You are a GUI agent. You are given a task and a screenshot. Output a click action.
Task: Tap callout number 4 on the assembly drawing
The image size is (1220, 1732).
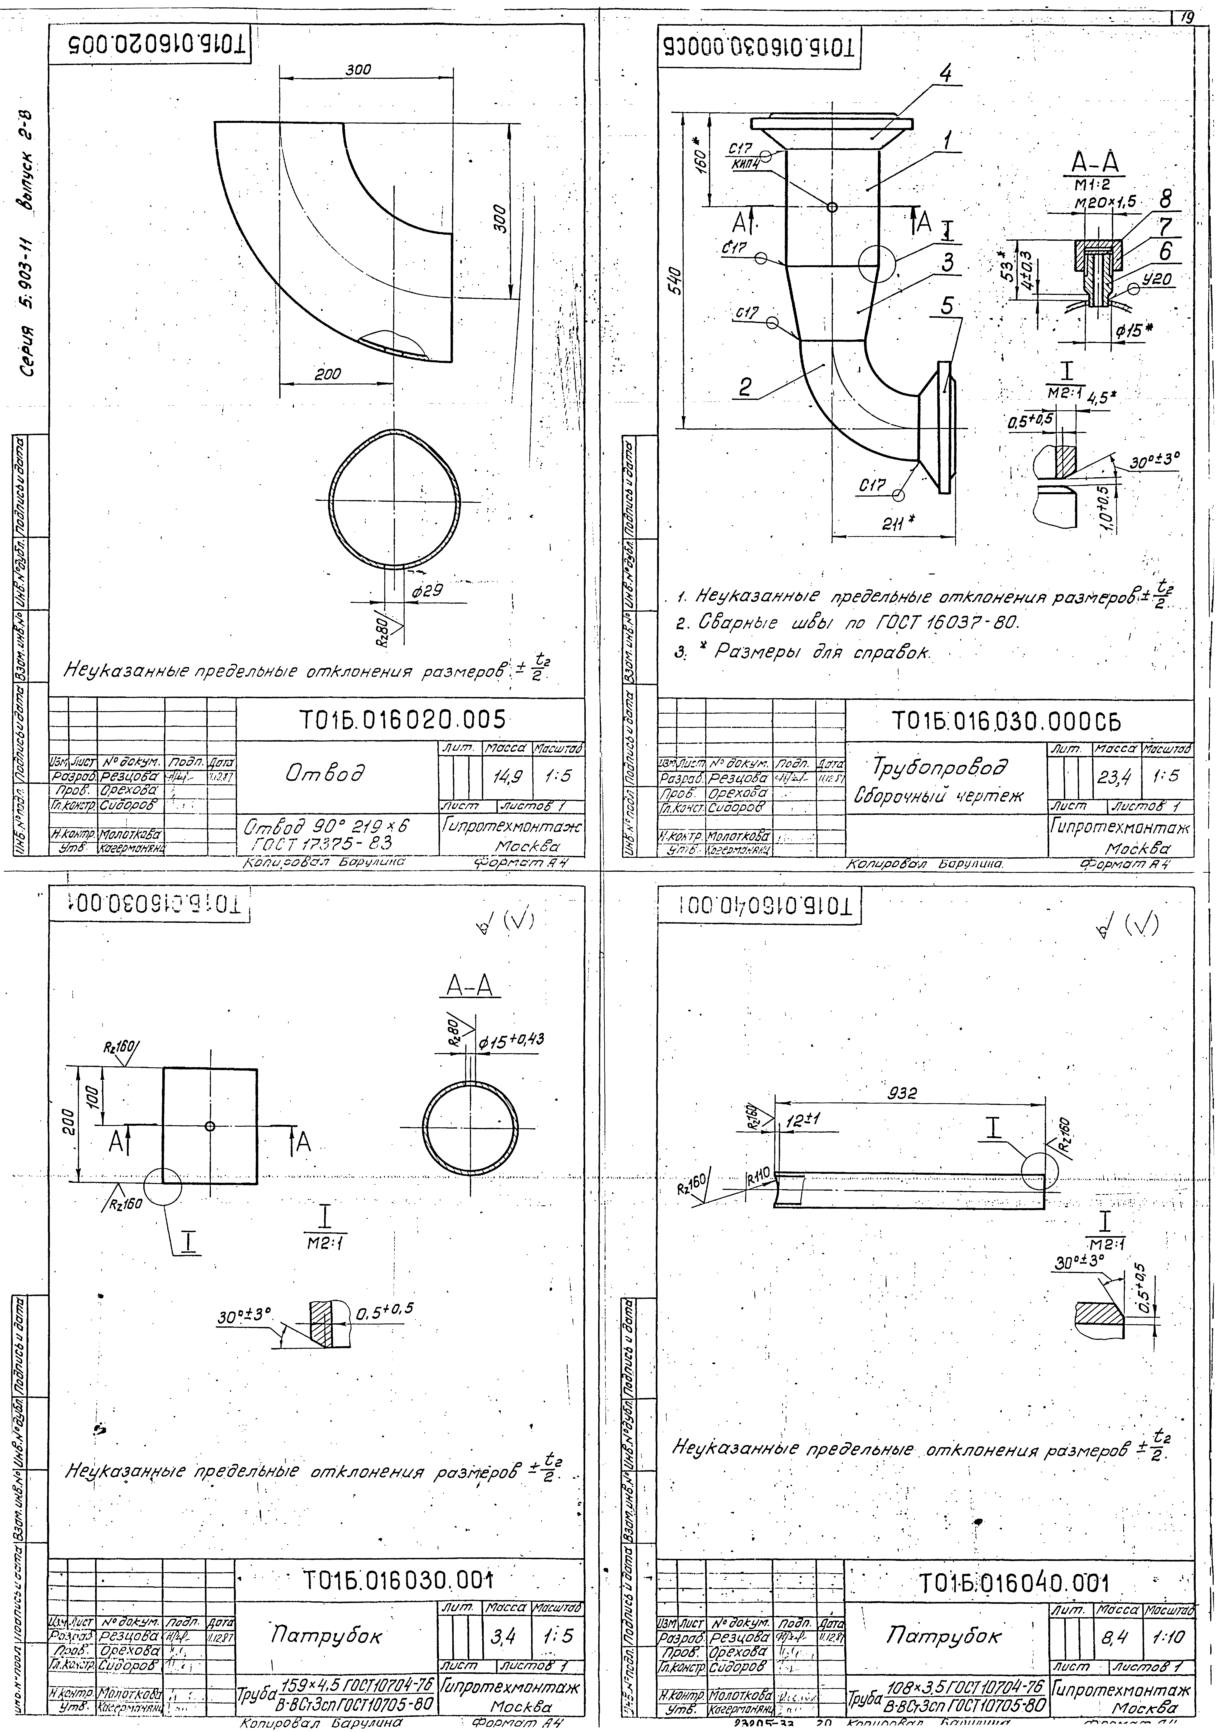(x=946, y=75)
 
